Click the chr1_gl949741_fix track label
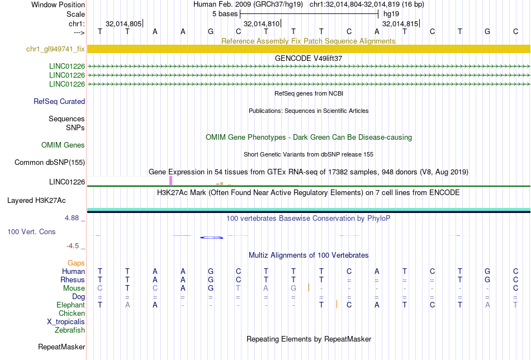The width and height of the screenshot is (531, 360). coord(55,49)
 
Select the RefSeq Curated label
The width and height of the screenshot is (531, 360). coord(59,102)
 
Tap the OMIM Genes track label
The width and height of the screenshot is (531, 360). coord(63,145)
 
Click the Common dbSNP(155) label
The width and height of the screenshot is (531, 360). coord(50,163)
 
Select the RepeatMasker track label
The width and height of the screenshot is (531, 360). coord(61,347)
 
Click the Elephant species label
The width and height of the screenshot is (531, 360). coord(70,305)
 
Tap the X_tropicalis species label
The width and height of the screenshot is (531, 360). coord(66,322)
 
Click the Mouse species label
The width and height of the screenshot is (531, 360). coord(74,288)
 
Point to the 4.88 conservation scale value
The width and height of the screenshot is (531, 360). coord(75,218)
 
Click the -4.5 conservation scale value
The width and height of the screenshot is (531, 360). coord(75,245)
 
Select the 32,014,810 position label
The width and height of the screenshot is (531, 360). coord(262,24)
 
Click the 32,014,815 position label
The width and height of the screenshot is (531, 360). coord(400,24)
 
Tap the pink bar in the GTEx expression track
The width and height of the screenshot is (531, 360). coord(170,181)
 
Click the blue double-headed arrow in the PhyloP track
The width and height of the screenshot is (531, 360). coord(211,238)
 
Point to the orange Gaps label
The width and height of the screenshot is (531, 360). coord(76,263)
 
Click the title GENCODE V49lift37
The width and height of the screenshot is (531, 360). coord(309,58)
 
